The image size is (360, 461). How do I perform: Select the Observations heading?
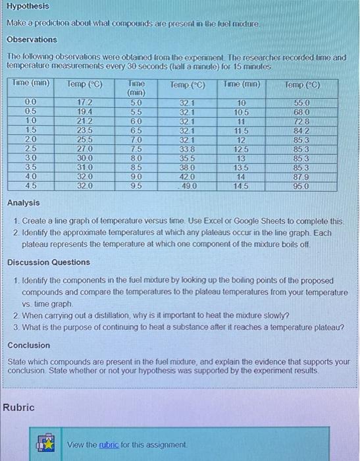click(32, 40)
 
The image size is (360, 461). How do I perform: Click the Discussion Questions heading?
click(49, 262)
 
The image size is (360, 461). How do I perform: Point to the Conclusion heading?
click(28, 345)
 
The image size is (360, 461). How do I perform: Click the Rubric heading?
click(19, 408)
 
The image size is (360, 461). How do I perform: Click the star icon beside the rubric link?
click(47, 444)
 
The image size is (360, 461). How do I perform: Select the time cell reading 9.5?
click(136, 186)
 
